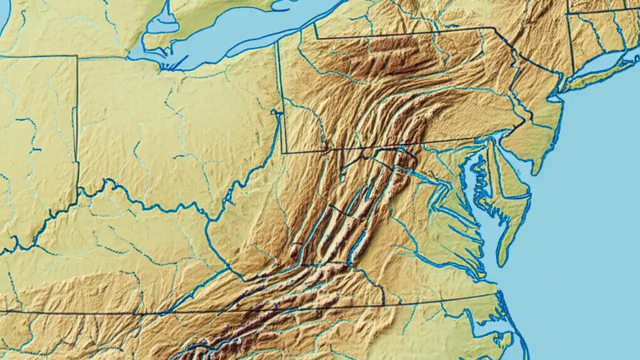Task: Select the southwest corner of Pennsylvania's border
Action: pyautogui.click(x=283, y=152)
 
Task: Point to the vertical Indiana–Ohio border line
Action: pyautogui.click(x=77, y=125)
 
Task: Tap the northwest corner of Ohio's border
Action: pyautogui.click(x=77, y=56)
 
